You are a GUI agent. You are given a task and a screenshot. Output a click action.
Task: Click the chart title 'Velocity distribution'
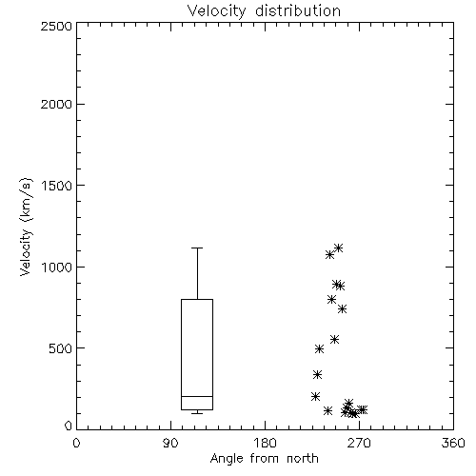[264, 10]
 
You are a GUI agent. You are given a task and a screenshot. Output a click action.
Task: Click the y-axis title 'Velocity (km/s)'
[26, 227]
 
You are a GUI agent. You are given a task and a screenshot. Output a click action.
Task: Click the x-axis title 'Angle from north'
[264, 459]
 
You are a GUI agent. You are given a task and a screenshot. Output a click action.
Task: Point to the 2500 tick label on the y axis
[56, 26]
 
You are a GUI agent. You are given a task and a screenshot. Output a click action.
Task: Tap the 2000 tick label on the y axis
[56, 104]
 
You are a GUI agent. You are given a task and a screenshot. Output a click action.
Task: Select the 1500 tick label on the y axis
[57, 186]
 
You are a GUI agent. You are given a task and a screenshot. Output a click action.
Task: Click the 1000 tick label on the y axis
[57, 267]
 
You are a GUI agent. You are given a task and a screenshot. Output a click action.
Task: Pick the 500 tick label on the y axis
[61, 348]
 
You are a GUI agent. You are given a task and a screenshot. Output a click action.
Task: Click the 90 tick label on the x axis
[170, 443]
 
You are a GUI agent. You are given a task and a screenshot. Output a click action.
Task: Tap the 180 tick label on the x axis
[265, 443]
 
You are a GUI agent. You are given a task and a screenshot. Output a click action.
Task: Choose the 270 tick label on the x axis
[359, 443]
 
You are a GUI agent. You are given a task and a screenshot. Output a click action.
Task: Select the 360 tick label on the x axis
[453, 443]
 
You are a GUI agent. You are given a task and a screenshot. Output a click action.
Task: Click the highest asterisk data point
[338, 248]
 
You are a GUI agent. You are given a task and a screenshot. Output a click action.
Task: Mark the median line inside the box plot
[197, 396]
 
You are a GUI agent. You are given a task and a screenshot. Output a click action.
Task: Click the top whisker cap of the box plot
[197, 248]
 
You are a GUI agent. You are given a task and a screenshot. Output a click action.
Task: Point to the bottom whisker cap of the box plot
[197, 413]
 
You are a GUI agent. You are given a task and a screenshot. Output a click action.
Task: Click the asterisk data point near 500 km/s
[319, 349]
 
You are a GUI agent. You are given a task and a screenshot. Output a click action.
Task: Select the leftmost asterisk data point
[315, 396]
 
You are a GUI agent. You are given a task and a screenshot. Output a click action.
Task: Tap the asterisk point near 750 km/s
[342, 308]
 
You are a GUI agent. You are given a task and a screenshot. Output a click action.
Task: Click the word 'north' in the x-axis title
[303, 459]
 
